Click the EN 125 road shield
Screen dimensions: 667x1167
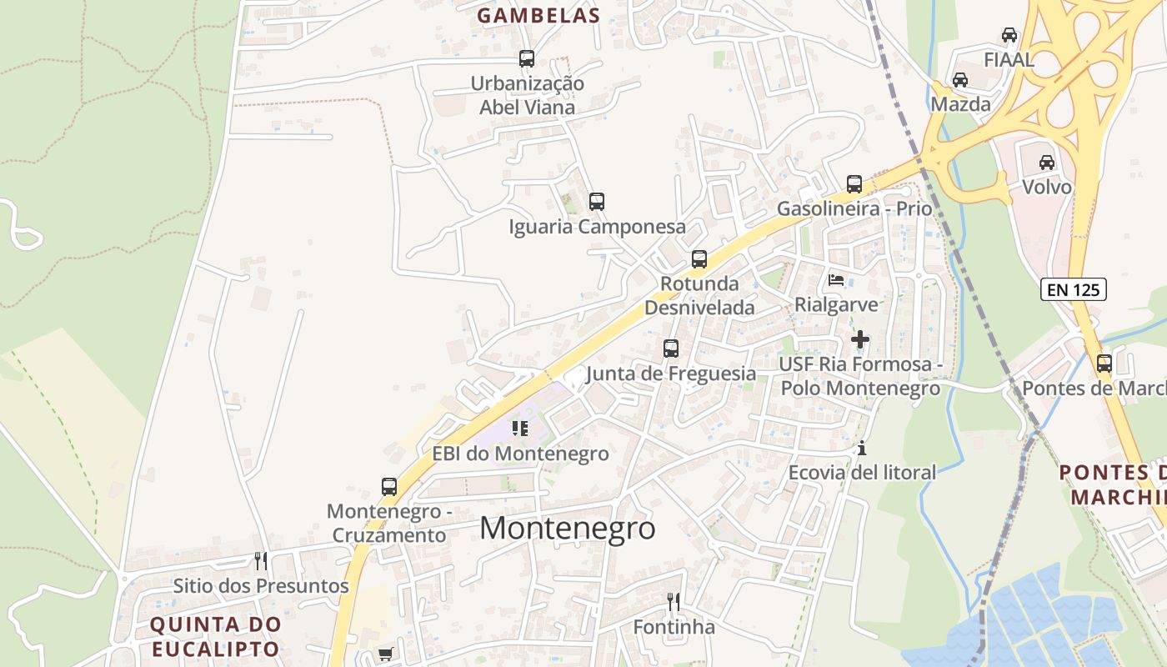(1074, 290)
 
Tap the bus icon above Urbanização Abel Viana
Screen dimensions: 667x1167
(527, 59)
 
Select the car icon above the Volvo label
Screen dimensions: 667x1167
(1047, 163)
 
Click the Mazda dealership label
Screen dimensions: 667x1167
(960, 104)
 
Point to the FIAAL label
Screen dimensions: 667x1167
(1009, 60)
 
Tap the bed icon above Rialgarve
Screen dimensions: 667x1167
(836, 280)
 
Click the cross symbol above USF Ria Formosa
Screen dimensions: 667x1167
(860, 339)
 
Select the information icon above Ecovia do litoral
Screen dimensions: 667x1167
(862, 449)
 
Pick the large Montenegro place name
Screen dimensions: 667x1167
(568, 528)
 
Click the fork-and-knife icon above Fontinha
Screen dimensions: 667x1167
(674, 601)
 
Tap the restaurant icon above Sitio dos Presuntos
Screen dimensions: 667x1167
(261, 560)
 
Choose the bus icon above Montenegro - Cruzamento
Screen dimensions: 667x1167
(389, 487)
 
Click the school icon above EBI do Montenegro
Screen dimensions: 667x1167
(521, 429)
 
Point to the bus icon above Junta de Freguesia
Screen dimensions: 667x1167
(671, 349)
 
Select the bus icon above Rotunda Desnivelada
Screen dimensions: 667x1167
(699, 259)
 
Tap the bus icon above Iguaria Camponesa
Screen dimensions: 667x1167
(597, 202)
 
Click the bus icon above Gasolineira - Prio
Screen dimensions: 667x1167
(854, 184)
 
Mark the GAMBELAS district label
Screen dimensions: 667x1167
(538, 15)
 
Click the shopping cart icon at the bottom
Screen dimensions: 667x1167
(385, 654)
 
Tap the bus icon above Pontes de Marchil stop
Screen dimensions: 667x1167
(1104, 364)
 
